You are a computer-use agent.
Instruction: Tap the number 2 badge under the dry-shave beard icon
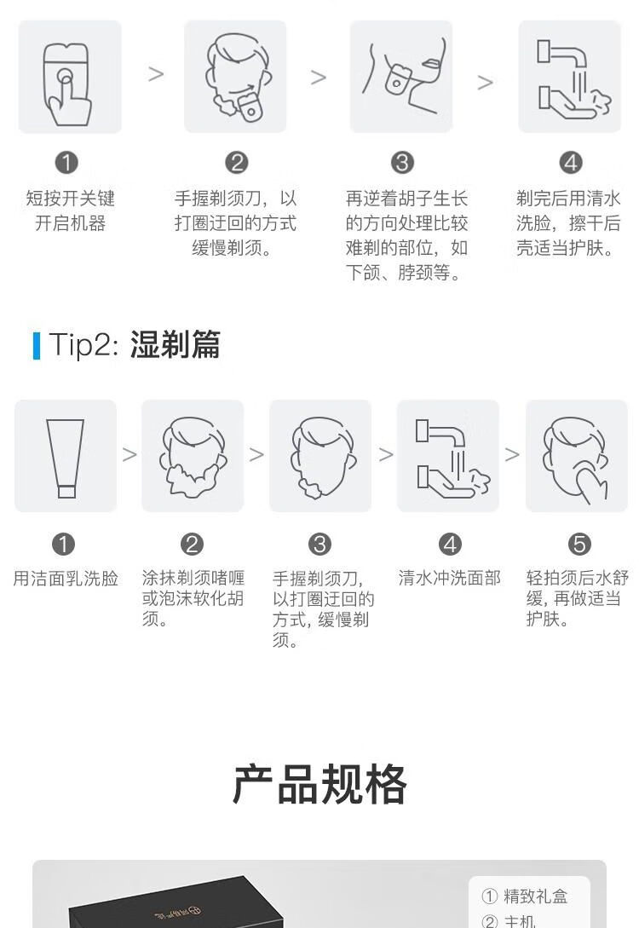236,163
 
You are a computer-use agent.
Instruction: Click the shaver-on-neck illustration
401,77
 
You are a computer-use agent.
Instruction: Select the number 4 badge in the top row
571,163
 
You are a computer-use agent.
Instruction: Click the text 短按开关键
71,199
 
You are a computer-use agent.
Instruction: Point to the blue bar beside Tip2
37,346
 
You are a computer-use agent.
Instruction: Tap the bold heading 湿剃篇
176,344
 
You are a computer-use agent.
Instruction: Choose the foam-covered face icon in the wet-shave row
193,456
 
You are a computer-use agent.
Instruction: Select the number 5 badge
579,544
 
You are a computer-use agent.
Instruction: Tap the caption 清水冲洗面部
450,578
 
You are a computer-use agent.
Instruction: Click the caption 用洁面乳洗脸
66,579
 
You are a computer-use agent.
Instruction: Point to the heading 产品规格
319,785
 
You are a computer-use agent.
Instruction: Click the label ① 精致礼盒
525,896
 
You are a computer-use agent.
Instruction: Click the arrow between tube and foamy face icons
130,454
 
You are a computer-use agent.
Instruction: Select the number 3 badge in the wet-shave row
320,544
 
